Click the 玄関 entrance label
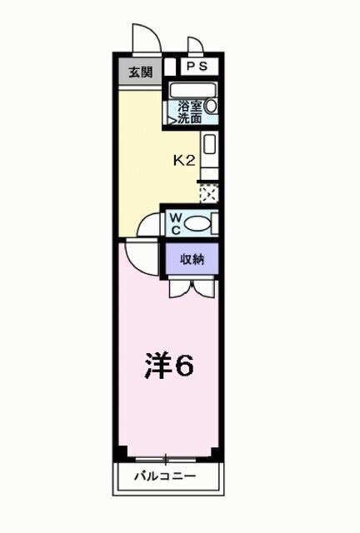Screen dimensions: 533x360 point(139,72)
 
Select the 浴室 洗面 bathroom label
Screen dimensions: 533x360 point(190,112)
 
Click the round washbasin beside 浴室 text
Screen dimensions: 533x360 point(211,107)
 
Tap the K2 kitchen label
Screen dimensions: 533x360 point(183,161)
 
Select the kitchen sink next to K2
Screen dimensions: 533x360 point(210,145)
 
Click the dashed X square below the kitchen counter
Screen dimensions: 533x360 point(208,193)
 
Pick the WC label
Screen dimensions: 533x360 point(176,222)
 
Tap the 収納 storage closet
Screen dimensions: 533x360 point(192,258)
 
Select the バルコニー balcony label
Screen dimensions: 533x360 point(167,477)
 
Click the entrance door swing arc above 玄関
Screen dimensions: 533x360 point(144,37)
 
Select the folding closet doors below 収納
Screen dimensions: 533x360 point(192,287)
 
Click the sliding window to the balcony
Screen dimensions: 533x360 point(167,458)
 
